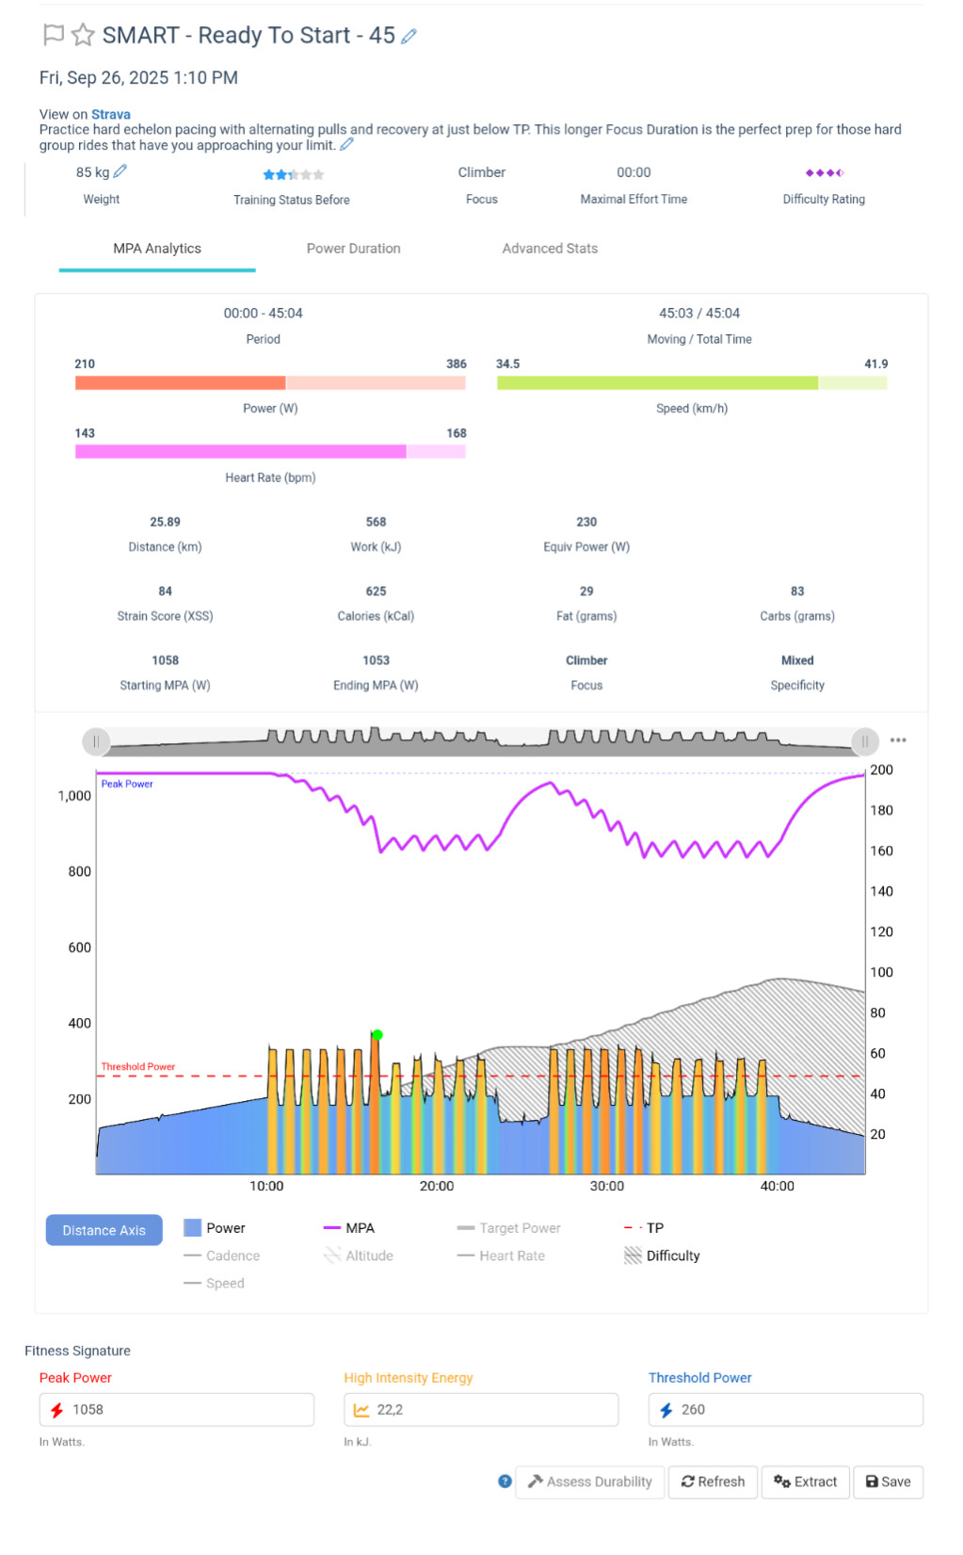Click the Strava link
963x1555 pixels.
coord(111,114)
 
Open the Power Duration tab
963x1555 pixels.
coord(353,249)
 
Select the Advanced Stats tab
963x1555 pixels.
coord(550,249)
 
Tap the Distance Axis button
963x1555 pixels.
coord(104,1230)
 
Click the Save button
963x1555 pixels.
coord(888,1482)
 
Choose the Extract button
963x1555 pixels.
coord(805,1482)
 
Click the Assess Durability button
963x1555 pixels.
coord(590,1482)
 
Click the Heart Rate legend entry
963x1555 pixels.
coord(511,1255)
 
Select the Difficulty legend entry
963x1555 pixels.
coord(672,1255)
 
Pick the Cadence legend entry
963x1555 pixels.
coord(233,1255)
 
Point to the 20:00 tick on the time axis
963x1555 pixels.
coord(437,1186)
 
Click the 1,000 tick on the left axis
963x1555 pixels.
coord(74,796)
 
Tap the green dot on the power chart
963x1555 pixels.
coord(377,1035)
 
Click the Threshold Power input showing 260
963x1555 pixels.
coord(785,1410)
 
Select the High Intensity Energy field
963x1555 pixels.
coord(480,1410)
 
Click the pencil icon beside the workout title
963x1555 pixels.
coord(409,36)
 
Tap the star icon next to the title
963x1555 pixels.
coord(83,36)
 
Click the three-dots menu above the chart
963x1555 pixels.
coord(898,740)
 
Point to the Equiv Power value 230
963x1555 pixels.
coord(586,522)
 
